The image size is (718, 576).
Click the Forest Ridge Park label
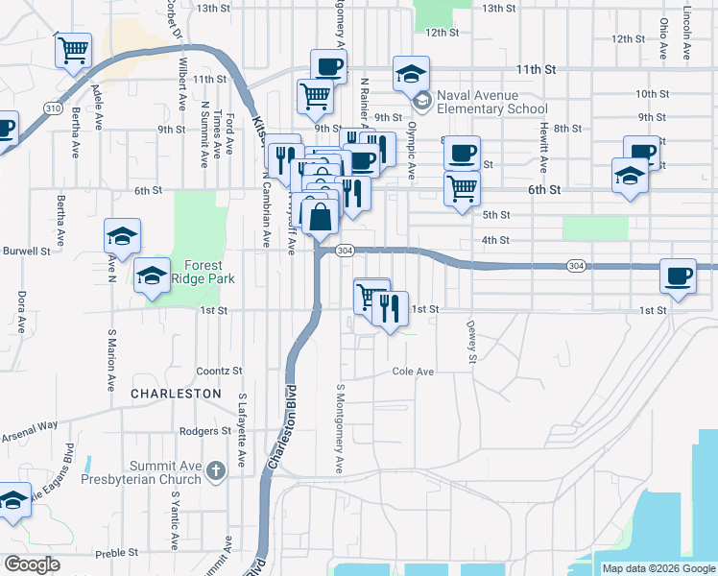198,273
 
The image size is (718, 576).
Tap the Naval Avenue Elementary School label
491,102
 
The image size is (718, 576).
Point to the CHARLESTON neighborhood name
176,394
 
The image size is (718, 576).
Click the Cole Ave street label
413,372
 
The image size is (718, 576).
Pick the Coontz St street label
219,371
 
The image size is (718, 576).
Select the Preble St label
118,553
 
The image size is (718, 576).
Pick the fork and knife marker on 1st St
390,308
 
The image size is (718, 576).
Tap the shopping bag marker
322,217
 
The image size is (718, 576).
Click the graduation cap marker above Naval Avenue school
411,73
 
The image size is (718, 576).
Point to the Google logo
32,564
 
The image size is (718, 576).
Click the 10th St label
652,94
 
